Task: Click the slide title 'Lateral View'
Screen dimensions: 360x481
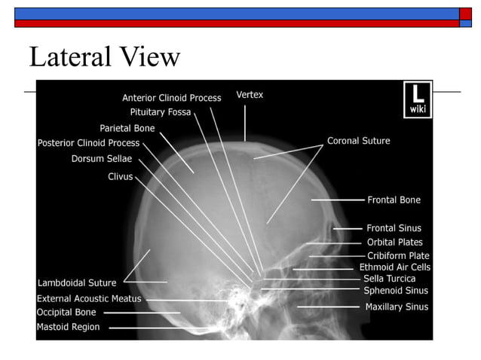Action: tap(105, 57)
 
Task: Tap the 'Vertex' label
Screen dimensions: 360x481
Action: tap(250, 95)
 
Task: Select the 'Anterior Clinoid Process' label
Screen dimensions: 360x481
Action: tap(172, 98)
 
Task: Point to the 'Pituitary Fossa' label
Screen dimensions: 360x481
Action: tap(161, 112)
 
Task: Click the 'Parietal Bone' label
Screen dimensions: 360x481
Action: tap(127, 128)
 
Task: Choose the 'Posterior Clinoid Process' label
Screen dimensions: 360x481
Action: tap(89, 143)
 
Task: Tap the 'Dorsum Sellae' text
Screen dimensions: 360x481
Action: tap(102, 159)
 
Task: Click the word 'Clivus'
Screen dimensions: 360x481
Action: tap(121, 176)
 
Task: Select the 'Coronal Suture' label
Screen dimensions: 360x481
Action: tap(359, 141)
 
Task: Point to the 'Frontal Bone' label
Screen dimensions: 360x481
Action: tap(394, 200)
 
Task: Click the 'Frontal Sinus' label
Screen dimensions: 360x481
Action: tap(394, 228)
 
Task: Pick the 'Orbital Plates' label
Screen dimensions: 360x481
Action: tap(395, 243)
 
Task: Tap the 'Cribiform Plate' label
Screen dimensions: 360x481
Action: tap(398, 256)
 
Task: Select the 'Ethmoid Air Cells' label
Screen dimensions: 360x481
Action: tap(395, 267)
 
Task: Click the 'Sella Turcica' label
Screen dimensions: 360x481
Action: tap(389, 279)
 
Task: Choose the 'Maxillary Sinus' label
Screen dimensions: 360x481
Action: tap(397, 307)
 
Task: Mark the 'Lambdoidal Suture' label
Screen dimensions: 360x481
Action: tap(77, 283)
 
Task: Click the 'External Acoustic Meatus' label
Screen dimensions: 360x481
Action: tap(89, 299)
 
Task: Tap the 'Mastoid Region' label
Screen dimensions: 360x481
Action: tap(68, 327)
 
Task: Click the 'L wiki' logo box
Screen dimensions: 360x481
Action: tap(417, 99)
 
